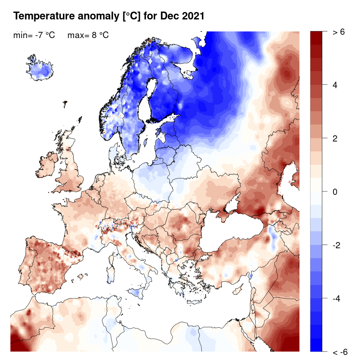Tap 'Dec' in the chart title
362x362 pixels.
[x=172, y=17]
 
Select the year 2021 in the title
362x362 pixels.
[x=193, y=17]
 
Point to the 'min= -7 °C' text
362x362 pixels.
[x=34, y=36]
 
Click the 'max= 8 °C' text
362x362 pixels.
[x=88, y=36]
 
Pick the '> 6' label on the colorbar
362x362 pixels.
[x=339, y=32]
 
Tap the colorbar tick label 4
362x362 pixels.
[x=335, y=85]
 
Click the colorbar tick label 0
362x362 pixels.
[x=335, y=192]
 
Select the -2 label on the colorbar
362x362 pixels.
[x=337, y=245]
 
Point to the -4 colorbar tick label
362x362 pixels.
[x=337, y=298]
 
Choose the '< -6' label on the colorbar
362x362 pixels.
[x=340, y=352]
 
